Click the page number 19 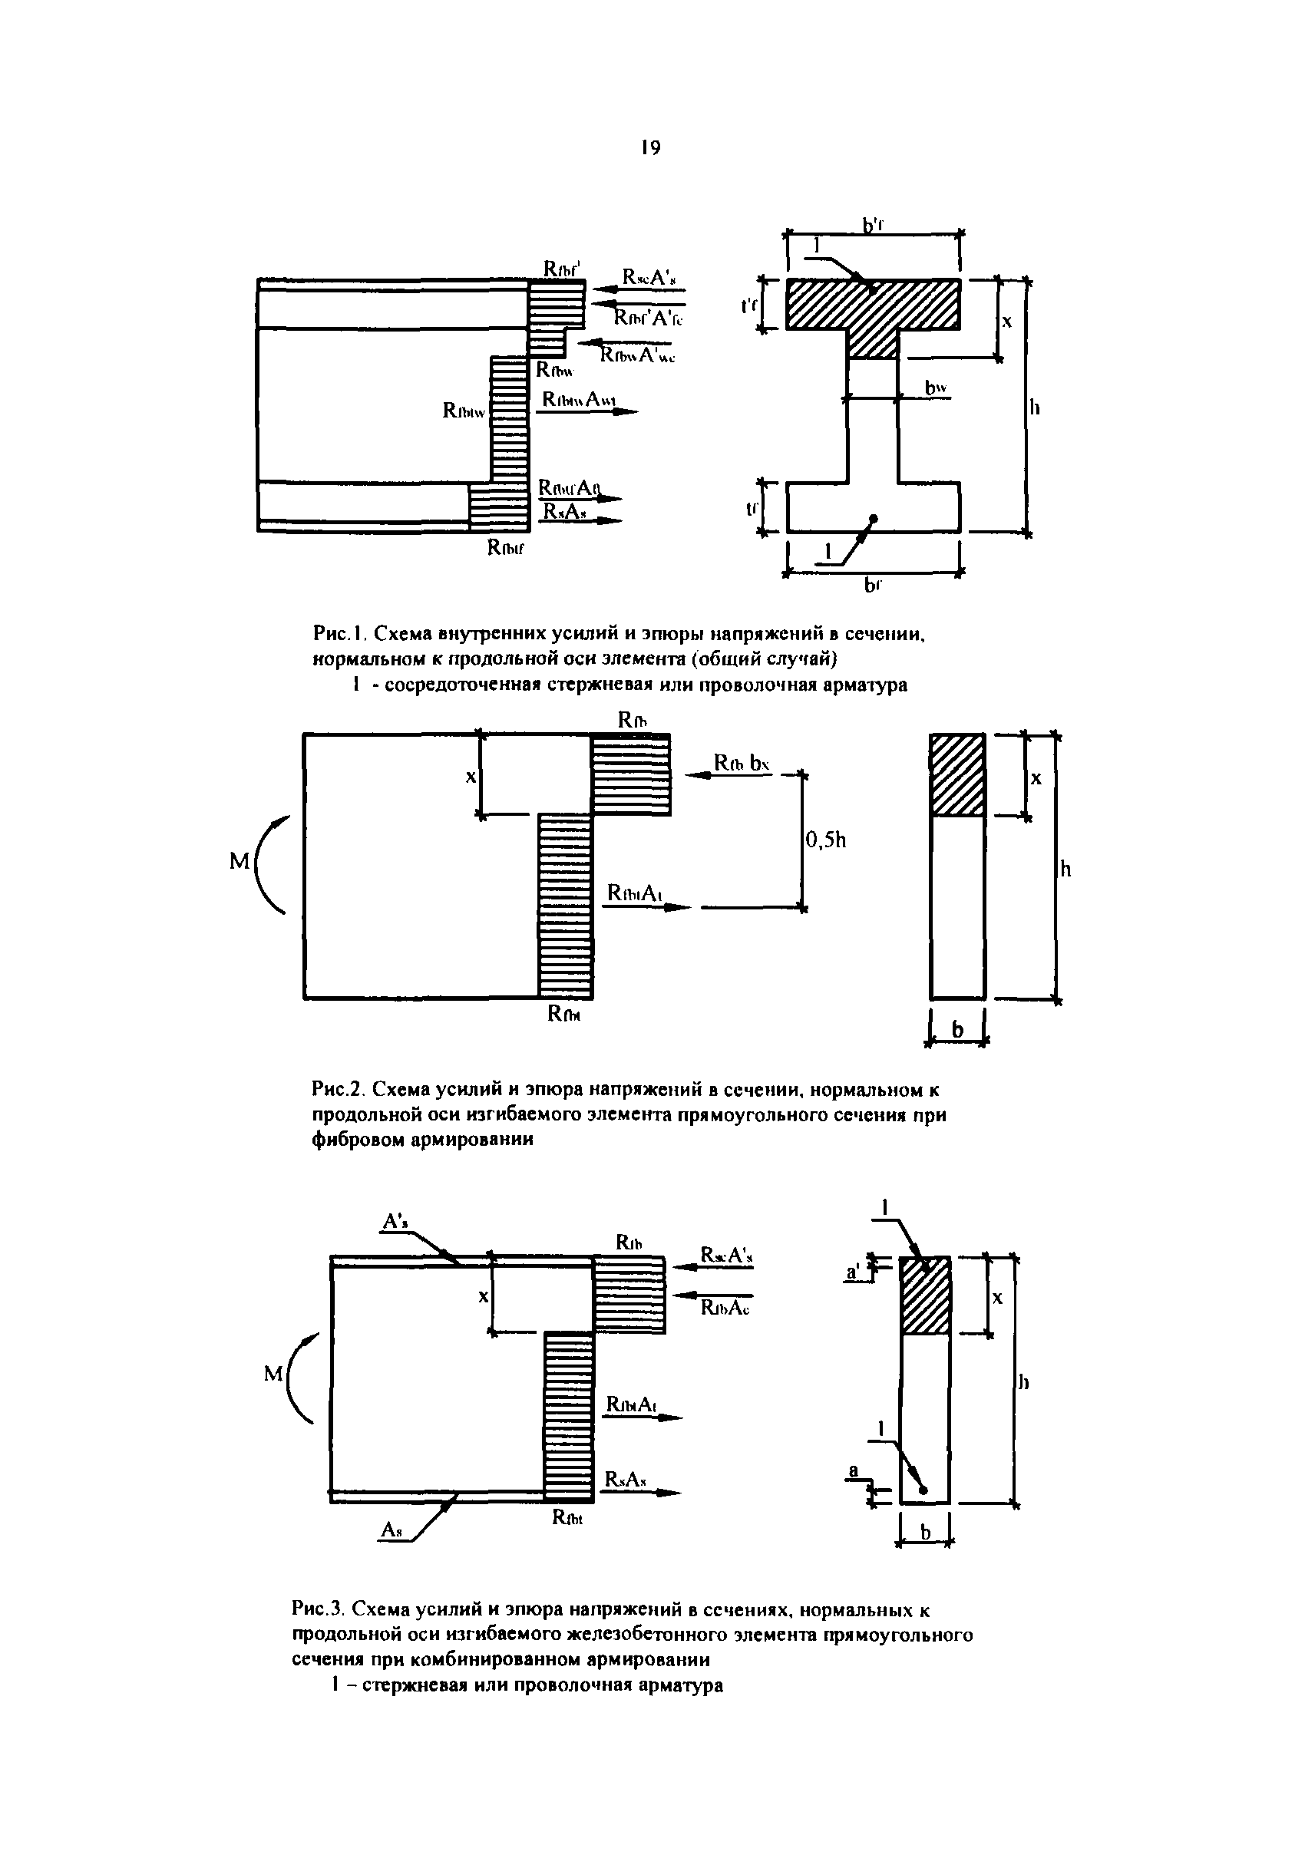tap(650, 147)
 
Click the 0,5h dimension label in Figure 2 tap(826, 840)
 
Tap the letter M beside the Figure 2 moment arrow tap(240, 862)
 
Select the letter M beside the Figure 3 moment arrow tap(273, 1373)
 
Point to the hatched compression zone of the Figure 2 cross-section tap(957, 774)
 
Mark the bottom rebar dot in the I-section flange tap(873, 518)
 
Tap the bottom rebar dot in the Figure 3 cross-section tap(923, 1490)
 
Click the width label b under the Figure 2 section tap(958, 1029)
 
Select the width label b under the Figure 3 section tap(925, 1532)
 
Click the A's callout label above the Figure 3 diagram tap(395, 1221)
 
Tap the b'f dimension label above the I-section tap(872, 226)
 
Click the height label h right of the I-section tap(1035, 407)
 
